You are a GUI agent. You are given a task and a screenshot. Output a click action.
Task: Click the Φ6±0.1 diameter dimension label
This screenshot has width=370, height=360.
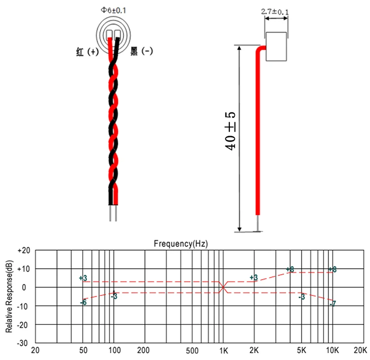coord(113,10)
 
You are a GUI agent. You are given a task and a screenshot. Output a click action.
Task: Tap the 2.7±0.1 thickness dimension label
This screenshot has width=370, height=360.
coord(275,12)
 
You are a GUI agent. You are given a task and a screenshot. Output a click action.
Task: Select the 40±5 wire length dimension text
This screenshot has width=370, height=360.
coord(230,131)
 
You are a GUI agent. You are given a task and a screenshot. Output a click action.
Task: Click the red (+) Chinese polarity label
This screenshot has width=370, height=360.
coord(87,51)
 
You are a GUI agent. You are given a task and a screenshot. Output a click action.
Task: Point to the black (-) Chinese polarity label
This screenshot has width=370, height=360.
coord(142,51)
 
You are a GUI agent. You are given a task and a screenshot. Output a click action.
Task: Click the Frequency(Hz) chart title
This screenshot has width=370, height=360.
coord(181,244)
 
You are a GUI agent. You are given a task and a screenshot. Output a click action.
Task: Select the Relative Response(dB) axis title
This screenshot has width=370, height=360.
coord(9,296)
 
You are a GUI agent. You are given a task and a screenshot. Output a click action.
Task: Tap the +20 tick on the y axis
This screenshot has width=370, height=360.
coord(24,251)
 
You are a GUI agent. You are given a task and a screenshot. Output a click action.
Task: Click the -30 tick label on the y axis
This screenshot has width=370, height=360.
coord(22,343)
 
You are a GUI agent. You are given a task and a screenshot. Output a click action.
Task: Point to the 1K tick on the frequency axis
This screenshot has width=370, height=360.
coord(223,351)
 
